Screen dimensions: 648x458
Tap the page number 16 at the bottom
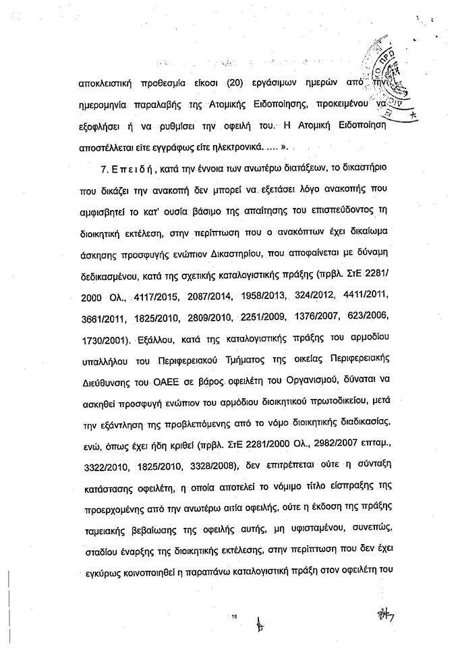(237, 616)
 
